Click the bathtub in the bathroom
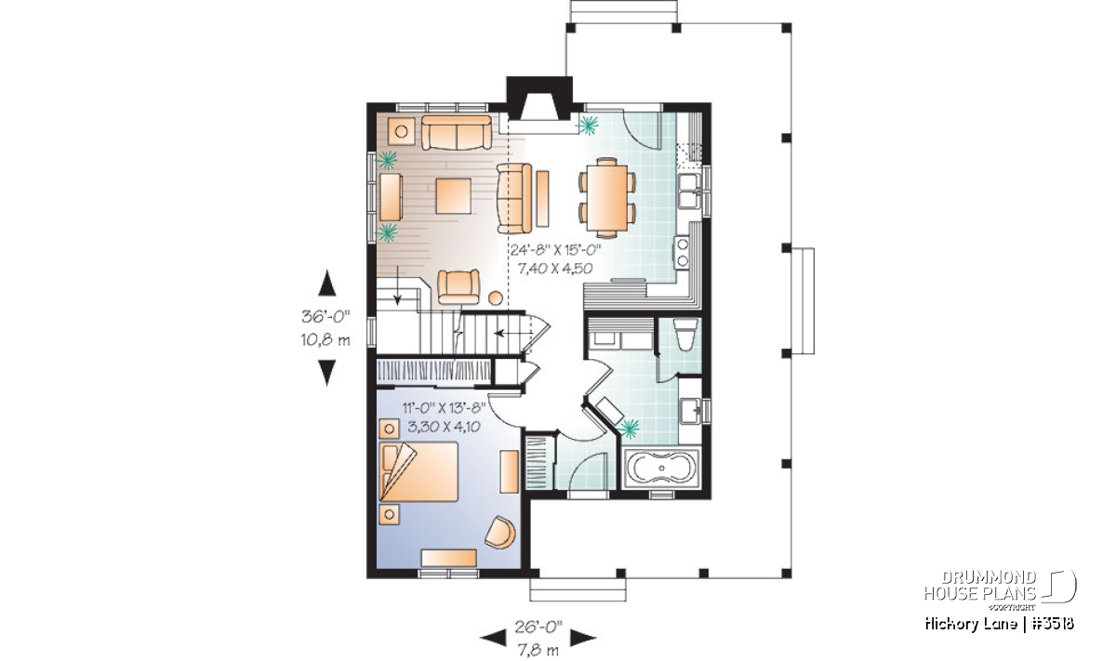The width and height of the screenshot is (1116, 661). (x=661, y=468)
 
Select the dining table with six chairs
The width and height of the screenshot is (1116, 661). (x=606, y=197)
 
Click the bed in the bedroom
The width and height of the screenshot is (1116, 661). (x=418, y=471)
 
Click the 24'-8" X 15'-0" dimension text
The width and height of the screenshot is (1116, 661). (x=556, y=249)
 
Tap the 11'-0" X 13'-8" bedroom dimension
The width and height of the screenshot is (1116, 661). (x=444, y=408)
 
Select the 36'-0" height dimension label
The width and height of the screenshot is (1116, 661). (x=325, y=316)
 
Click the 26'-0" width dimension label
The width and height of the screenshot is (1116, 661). (x=538, y=627)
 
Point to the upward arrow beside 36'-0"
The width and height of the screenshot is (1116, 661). (x=326, y=283)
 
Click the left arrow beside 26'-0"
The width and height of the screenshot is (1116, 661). (x=493, y=638)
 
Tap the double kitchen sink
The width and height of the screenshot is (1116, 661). (x=689, y=191)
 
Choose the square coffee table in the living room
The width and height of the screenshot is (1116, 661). (x=454, y=196)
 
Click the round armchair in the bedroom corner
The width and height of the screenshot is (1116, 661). (x=500, y=532)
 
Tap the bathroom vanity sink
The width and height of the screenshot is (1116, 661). (x=692, y=411)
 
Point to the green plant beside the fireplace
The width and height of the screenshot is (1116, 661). (x=589, y=125)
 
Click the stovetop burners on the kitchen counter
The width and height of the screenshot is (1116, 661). (x=682, y=252)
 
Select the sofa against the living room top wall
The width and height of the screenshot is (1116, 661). (x=457, y=133)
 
